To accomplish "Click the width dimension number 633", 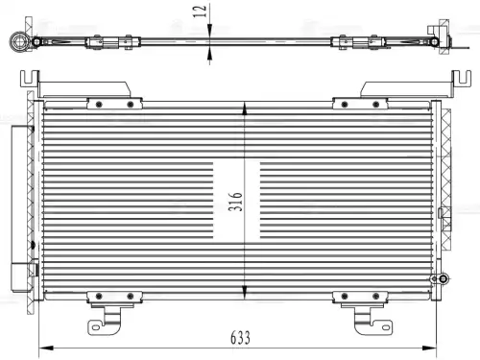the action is pos(240,338).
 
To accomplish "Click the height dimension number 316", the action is pos(235,202).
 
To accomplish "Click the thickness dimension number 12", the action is pos(200,12).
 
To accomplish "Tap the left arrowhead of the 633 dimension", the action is pos(46,348).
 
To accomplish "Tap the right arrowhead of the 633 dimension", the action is pos(429,348).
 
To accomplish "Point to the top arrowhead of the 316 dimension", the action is pos(245,108).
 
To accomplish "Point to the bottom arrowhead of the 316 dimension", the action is pos(245,292).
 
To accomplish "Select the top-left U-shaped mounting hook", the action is pos(30,79).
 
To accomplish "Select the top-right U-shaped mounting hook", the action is pos(461,79).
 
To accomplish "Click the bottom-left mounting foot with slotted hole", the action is pos(105,324).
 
